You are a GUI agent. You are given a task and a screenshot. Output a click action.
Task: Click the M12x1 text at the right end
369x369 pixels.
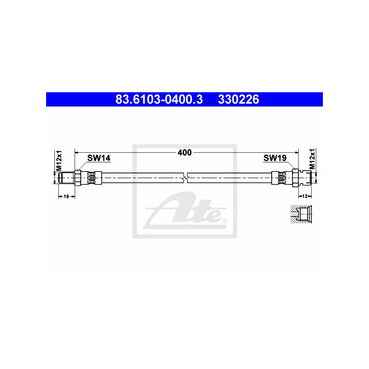point(311,160)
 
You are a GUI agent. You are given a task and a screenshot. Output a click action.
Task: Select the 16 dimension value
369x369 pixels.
point(66,196)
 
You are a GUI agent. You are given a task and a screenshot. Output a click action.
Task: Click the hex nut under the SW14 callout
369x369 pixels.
point(78,177)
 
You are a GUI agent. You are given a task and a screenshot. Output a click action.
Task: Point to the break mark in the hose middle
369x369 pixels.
point(185,177)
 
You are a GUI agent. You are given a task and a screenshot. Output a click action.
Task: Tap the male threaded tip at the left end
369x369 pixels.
point(65,177)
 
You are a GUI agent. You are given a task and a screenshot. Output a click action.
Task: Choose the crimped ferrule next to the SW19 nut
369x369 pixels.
point(281,177)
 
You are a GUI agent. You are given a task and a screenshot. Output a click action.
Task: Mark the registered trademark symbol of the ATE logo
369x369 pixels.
point(225,221)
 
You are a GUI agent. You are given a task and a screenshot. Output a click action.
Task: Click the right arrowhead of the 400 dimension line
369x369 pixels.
point(296,152)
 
